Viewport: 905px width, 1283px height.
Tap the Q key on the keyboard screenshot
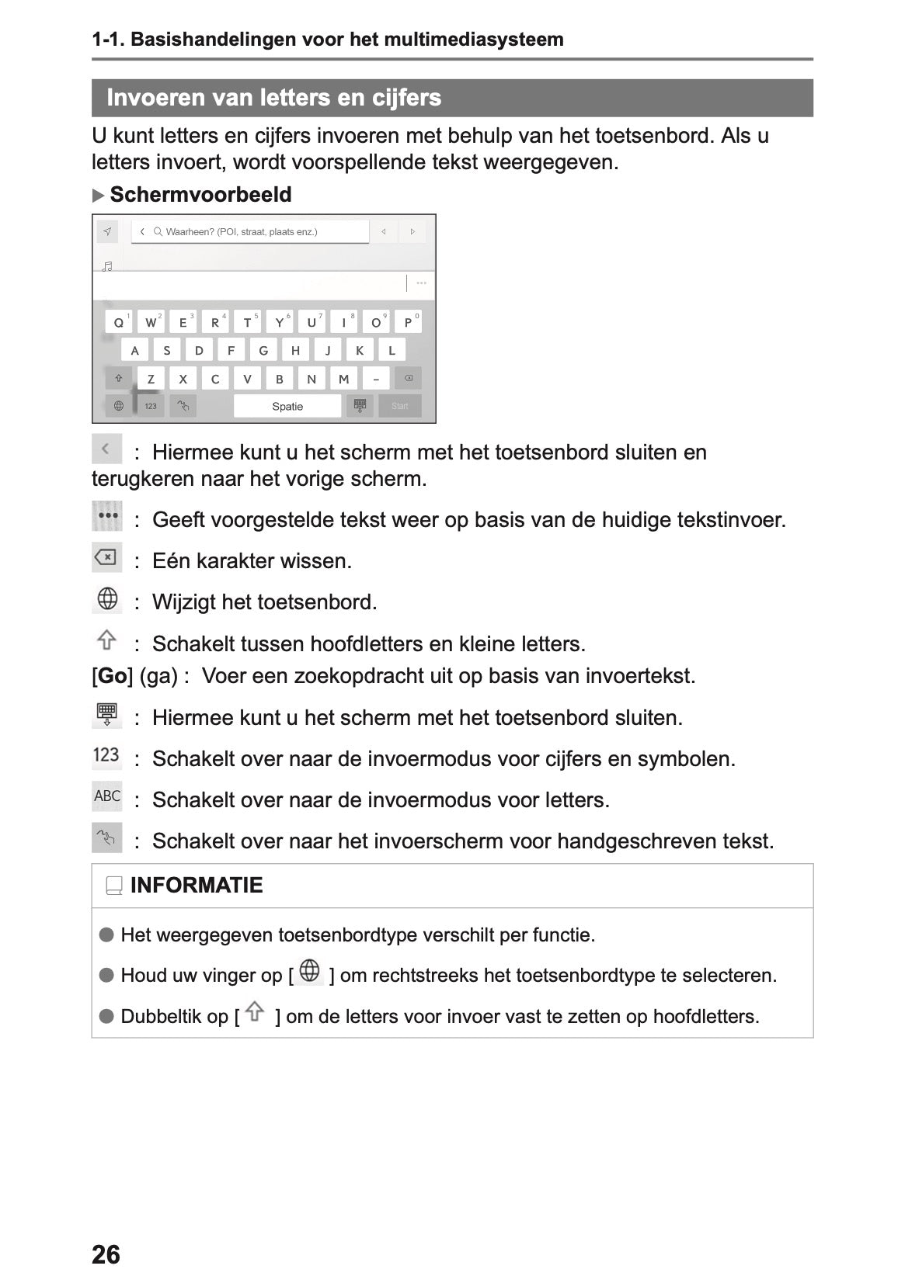(x=119, y=322)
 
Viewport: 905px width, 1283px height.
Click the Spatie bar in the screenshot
(x=287, y=406)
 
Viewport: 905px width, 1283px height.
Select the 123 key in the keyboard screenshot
(x=151, y=406)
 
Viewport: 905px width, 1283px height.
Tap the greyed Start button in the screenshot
(x=400, y=406)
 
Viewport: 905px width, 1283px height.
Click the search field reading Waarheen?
(x=249, y=232)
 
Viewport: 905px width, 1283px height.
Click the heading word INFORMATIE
(x=197, y=886)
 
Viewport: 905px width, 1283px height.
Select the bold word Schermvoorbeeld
(x=200, y=195)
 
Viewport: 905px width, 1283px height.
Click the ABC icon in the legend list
(x=107, y=796)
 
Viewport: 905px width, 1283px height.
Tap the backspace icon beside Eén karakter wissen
(x=106, y=557)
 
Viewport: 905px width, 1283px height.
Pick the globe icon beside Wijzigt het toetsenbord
(x=107, y=599)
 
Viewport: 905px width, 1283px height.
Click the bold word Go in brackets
(x=113, y=676)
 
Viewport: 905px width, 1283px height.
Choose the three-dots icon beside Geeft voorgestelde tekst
(x=107, y=516)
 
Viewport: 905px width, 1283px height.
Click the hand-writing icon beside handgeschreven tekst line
(x=107, y=838)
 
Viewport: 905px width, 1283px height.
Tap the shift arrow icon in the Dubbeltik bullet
(x=255, y=1012)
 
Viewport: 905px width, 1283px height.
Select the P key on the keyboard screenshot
(x=408, y=322)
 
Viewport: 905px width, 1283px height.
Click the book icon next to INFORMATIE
(x=114, y=886)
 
